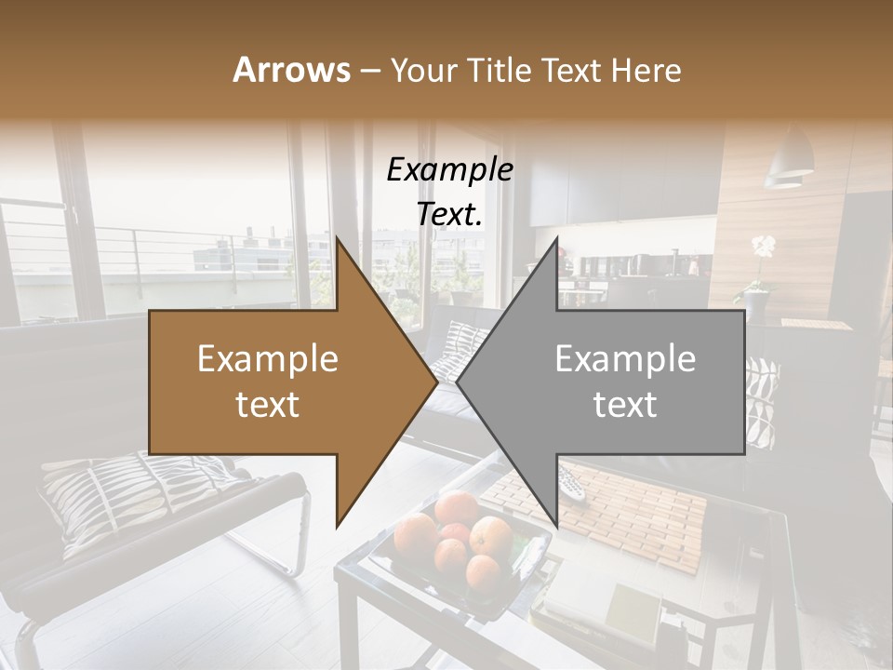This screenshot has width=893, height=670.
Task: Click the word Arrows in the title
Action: (x=291, y=70)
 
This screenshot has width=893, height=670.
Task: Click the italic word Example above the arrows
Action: (x=449, y=169)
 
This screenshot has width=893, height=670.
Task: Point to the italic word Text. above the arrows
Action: (x=449, y=214)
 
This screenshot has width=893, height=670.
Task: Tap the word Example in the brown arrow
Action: (x=268, y=359)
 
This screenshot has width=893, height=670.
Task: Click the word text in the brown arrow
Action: (x=268, y=405)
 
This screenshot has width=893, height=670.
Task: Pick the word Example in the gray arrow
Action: (x=625, y=359)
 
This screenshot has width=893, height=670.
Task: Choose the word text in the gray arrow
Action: (x=625, y=405)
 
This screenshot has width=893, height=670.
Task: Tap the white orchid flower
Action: (x=763, y=247)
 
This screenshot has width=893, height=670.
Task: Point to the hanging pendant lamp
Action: (x=789, y=158)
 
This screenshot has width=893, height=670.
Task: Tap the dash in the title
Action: (x=369, y=72)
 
